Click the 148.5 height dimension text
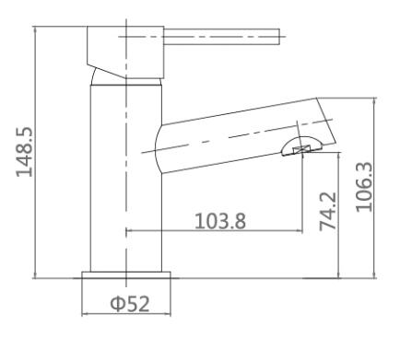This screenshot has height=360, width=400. click(x=24, y=152)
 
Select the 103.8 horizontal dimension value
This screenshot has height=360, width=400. click(x=220, y=221)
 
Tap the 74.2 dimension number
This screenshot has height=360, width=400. click(x=328, y=212)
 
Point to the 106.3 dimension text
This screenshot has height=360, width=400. click(x=364, y=187)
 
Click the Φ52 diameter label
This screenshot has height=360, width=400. click(x=130, y=304)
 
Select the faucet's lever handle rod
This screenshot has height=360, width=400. click(x=221, y=37)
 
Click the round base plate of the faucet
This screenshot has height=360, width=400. click(x=126, y=275)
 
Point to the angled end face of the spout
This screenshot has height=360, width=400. click(x=326, y=121)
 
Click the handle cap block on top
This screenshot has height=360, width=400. click(x=125, y=52)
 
